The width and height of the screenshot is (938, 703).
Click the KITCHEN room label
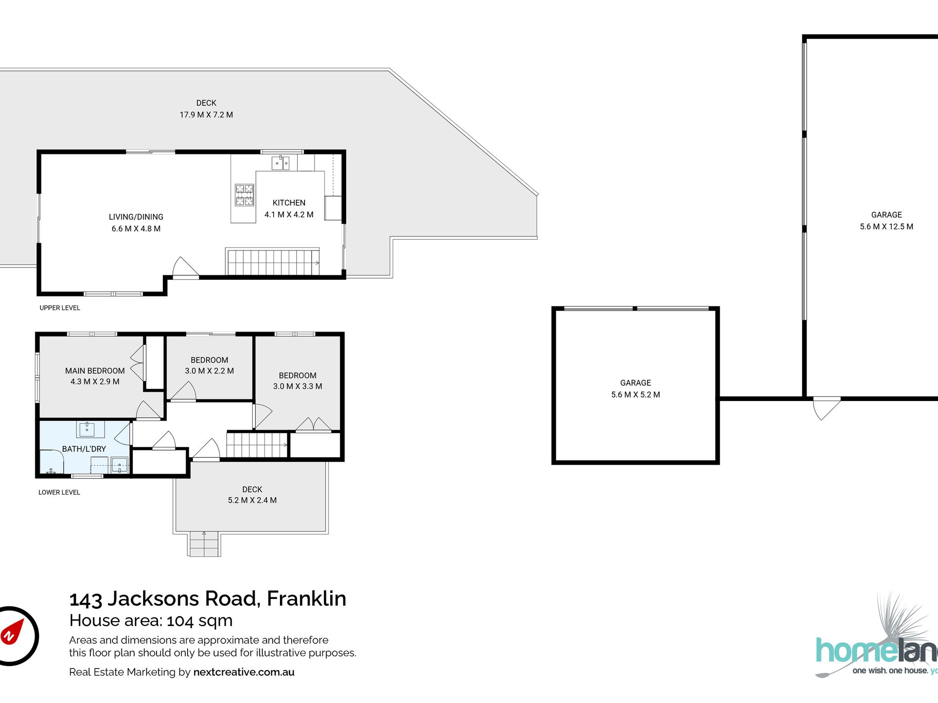click(289, 203)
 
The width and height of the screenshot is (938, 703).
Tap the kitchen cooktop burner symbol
click(244, 195)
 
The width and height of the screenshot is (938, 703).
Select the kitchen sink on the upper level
click(280, 162)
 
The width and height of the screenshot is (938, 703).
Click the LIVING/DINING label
click(136, 217)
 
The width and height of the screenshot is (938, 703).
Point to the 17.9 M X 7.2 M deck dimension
click(206, 115)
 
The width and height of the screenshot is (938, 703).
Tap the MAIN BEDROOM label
click(95, 371)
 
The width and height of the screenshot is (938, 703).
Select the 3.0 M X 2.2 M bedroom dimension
click(209, 371)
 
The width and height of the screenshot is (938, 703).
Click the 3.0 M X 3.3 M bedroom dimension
click(298, 386)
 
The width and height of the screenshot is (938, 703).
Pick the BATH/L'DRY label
click(84, 449)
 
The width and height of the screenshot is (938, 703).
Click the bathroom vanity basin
click(87, 429)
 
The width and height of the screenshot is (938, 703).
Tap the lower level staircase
click(257, 444)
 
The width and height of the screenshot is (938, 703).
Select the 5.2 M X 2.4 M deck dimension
click(252, 500)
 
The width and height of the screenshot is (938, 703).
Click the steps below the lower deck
click(204, 545)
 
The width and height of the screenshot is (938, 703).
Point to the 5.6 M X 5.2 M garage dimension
click(635, 395)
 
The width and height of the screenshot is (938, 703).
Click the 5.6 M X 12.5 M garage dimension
click(887, 227)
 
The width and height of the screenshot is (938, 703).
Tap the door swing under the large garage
click(826, 408)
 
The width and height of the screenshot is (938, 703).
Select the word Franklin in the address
click(307, 598)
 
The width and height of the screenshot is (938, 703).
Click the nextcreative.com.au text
click(244, 672)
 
